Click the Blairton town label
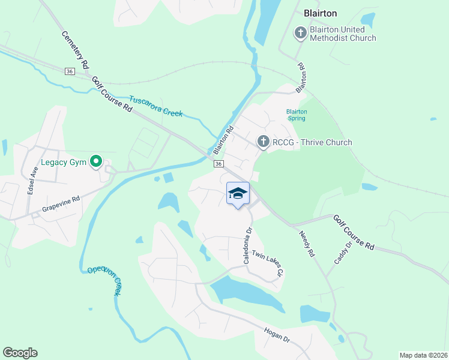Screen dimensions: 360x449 click(x=321, y=13)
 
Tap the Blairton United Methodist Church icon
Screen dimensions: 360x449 click(x=301, y=33)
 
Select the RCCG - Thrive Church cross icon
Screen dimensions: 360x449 click(x=263, y=142)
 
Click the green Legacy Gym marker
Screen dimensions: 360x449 click(x=95, y=161)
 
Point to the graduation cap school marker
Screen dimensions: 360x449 click(x=238, y=193)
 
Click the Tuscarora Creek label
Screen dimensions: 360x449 click(x=156, y=106)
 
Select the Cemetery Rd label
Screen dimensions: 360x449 click(x=75, y=49)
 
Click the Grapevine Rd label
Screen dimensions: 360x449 click(x=61, y=205)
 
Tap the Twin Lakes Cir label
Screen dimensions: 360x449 click(x=267, y=263)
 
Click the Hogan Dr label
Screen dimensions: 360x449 click(x=278, y=335)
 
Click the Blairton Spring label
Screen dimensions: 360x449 click(x=297, y=115)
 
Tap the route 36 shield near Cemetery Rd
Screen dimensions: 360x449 click(x=70, y=71)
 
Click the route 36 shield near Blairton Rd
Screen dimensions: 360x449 click(x=218, y=164)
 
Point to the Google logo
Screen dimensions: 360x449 click(x=20, y=353)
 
